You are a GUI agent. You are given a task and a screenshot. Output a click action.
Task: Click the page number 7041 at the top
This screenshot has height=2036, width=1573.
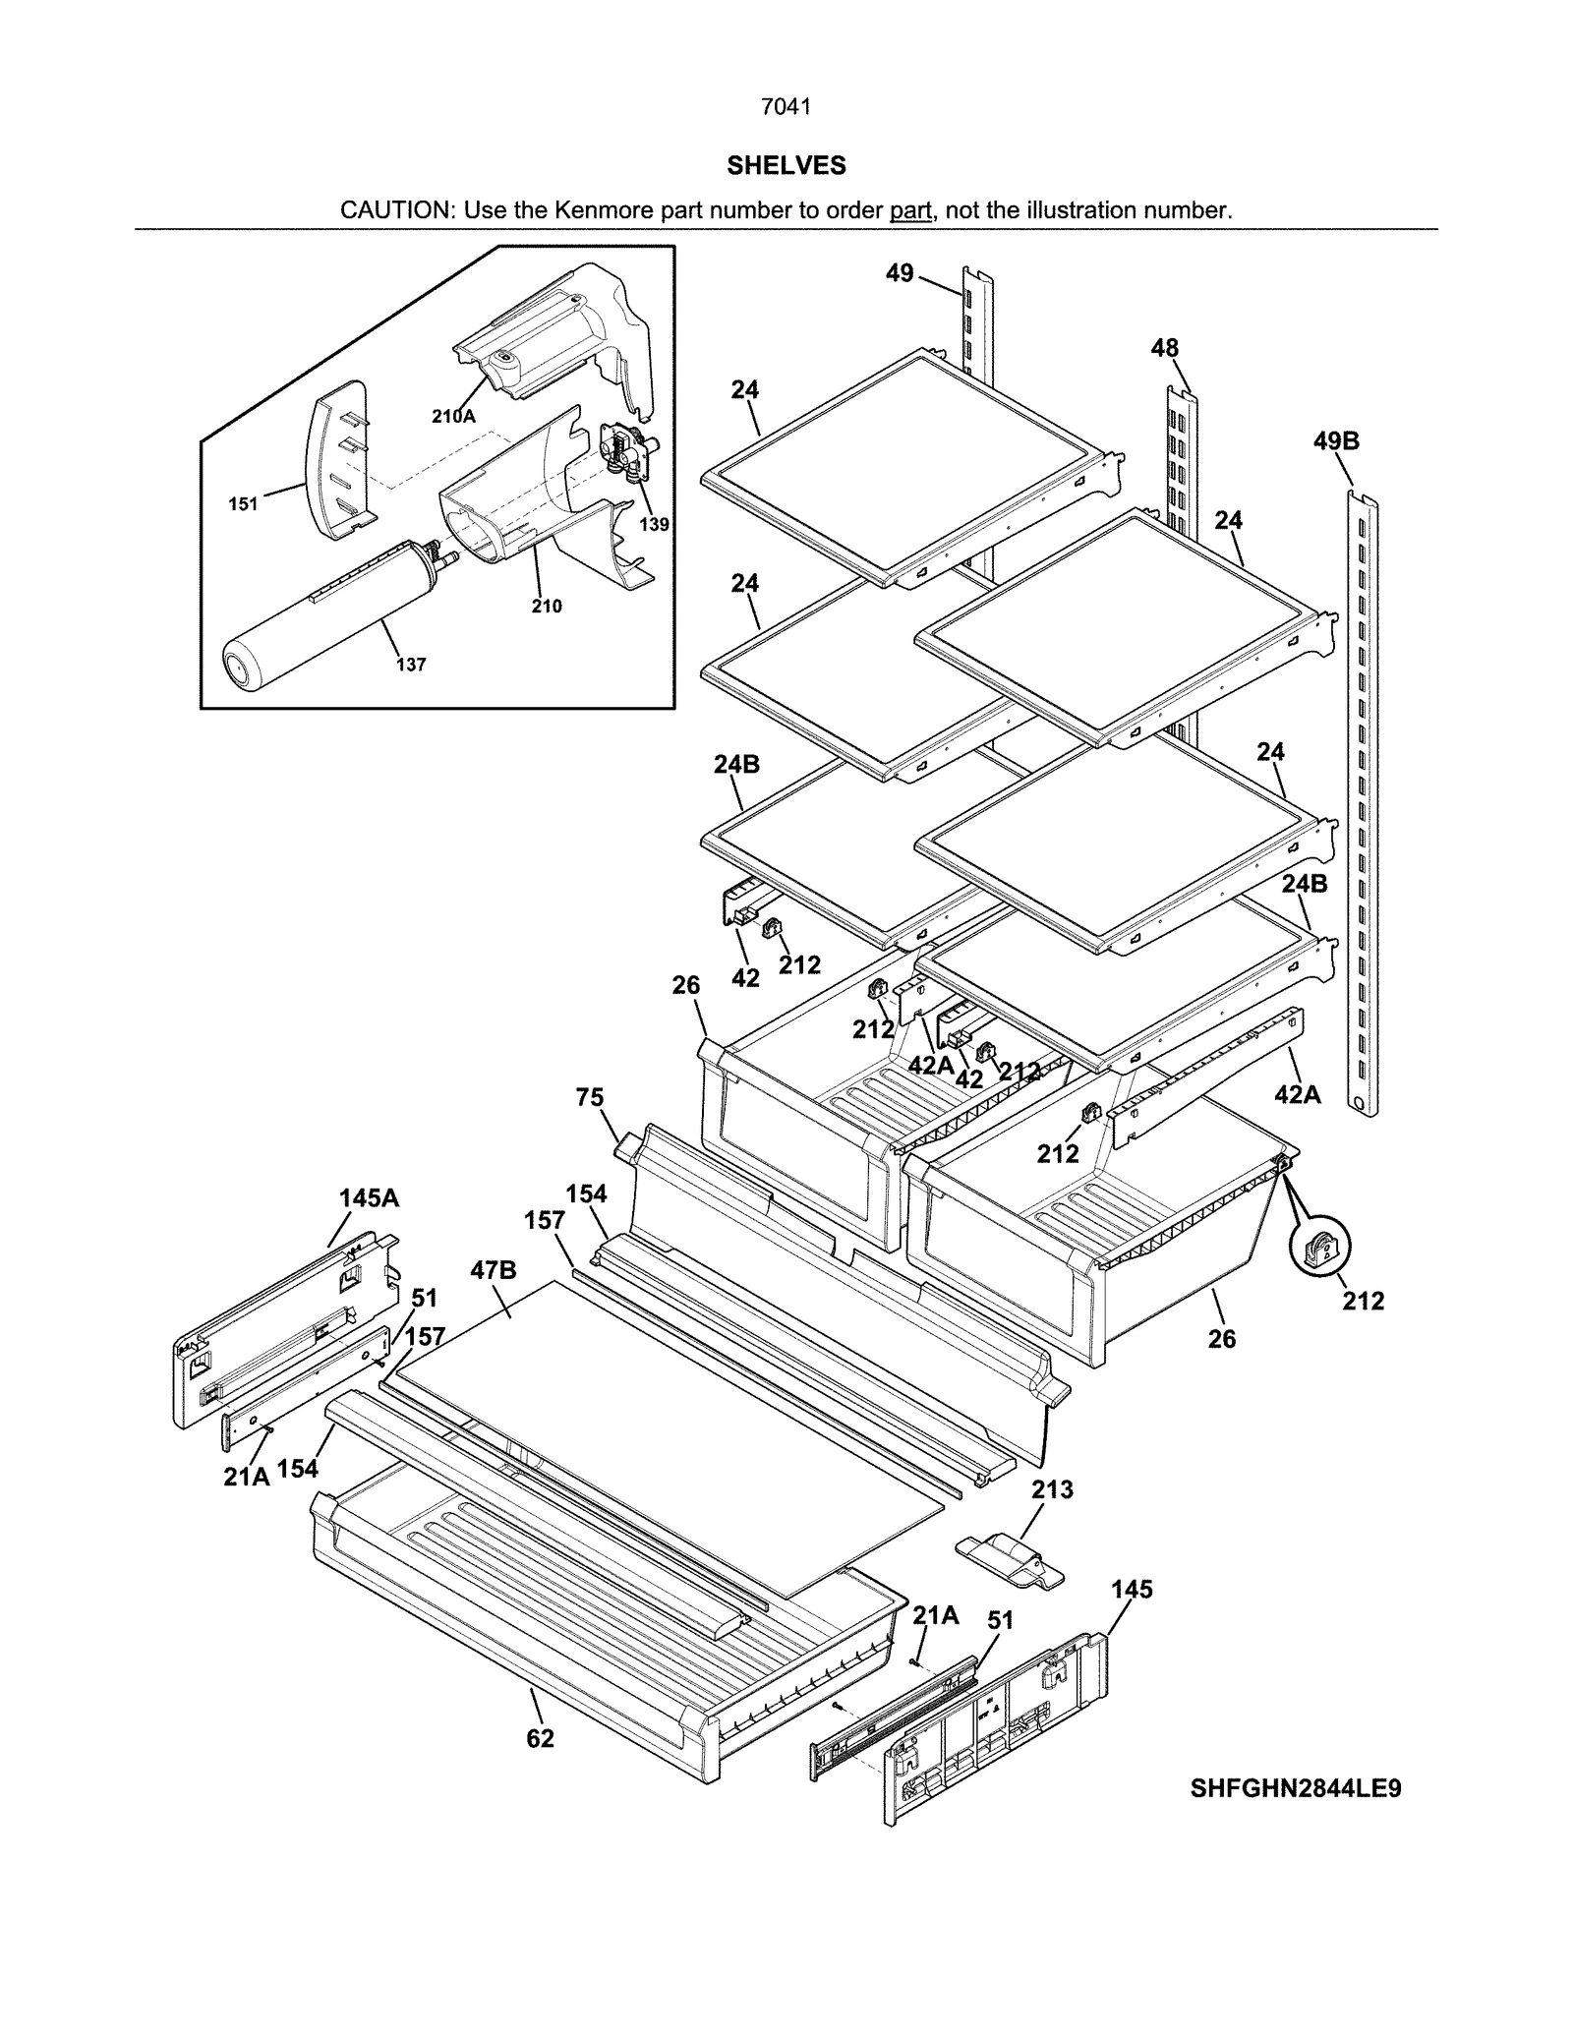(786, 107)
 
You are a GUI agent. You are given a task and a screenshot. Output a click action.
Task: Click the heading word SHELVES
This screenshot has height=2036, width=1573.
(786, 166)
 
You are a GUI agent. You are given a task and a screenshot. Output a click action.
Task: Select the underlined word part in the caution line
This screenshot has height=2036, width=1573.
(910, 210)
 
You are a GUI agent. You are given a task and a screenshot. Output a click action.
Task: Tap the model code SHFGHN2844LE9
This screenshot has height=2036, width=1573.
(1295, 1787)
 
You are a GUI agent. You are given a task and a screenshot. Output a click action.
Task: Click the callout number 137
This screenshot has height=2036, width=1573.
(411, 665)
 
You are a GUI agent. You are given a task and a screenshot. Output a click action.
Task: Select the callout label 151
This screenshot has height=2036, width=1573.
(243, 504)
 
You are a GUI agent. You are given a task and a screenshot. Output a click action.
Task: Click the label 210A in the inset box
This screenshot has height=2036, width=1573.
(453, 417)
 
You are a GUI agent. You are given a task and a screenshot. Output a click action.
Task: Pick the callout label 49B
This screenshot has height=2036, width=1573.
(1336, 441)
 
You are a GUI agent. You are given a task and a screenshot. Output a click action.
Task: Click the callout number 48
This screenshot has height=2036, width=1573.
(1164, 348)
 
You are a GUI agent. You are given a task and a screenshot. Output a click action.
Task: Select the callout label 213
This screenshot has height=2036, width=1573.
(1052, 1489)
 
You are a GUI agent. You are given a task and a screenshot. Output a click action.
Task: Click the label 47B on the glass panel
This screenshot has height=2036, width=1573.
(493, 1270)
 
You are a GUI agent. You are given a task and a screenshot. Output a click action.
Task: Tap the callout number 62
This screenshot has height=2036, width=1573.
(540, 1738)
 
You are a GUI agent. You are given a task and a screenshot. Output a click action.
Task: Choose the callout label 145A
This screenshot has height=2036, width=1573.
(369, 1197)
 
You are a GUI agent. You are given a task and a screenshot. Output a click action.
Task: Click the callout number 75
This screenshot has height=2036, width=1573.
(590, 1097)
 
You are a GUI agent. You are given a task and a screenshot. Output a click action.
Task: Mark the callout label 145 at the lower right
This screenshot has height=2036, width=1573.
(1132, 1590)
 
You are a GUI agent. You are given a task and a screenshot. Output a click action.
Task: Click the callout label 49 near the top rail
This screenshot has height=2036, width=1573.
(900, 273)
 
